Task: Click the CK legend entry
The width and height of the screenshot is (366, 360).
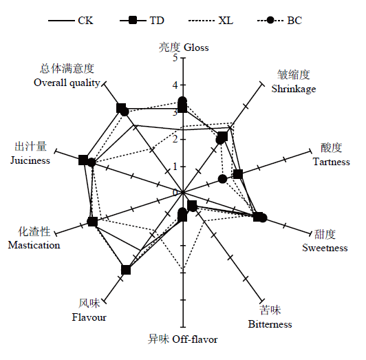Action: (x=70, y=21)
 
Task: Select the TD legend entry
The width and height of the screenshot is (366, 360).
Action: (x=142, y=21)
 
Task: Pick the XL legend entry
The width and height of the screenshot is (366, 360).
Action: (x=211, y=21)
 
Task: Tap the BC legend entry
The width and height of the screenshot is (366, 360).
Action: (x=279, y=21)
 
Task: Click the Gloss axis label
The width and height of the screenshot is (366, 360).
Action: (x=184, y=47)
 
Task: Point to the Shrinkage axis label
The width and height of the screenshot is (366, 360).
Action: (x=293, y=82)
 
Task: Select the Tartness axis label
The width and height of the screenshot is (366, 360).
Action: (x=331, y=155)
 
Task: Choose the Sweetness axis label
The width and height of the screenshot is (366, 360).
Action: (x=325, y=241)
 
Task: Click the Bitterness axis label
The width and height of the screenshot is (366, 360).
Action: (x=270, y=317)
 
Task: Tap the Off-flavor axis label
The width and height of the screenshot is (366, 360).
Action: (x=182, y=339)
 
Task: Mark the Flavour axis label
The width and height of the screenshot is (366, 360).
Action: (x=89, y=310)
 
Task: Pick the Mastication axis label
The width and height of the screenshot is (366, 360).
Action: (x=34, y=238)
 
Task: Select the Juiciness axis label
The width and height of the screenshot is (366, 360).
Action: (x=30, y=153)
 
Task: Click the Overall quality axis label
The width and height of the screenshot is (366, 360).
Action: (x=67, y=76)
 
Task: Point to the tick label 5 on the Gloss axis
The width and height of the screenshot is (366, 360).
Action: (x=175, y=58)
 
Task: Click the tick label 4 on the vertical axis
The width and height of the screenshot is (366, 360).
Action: (x=175, y=85)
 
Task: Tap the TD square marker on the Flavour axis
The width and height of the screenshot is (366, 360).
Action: (x=126, y=270)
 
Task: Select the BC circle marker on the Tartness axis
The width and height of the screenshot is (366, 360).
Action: (x=222, y=179)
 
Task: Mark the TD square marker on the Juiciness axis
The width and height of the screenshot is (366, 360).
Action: (x=83, y=160)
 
